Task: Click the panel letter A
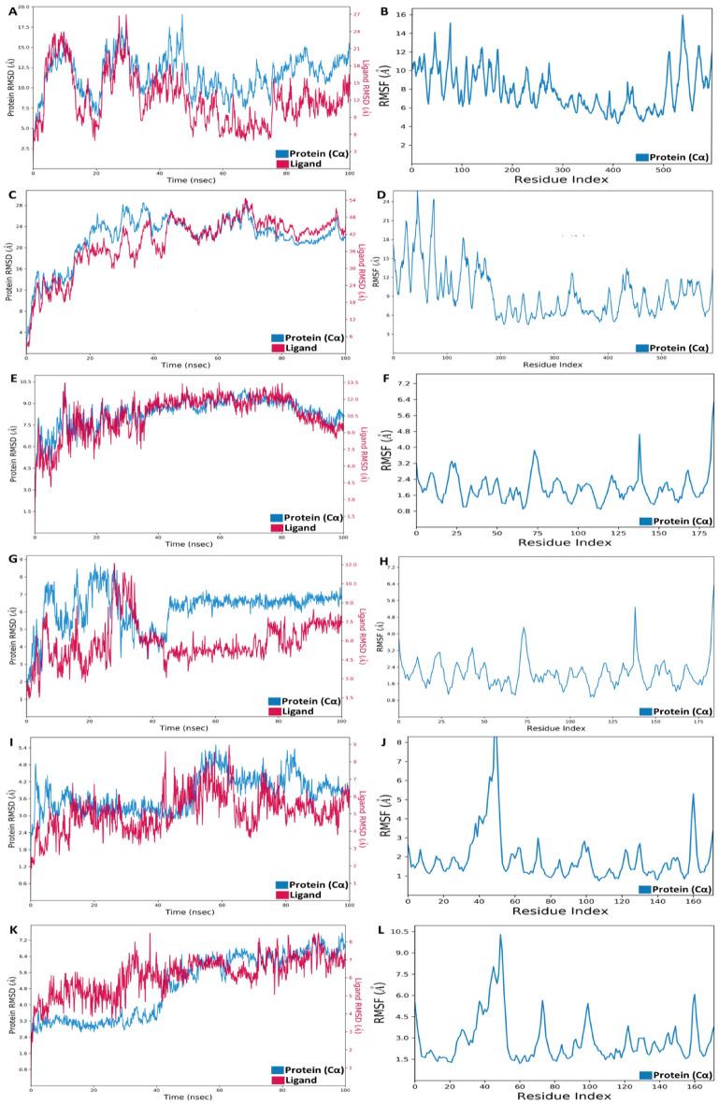click(11, 10)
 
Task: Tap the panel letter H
click(381, 561)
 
